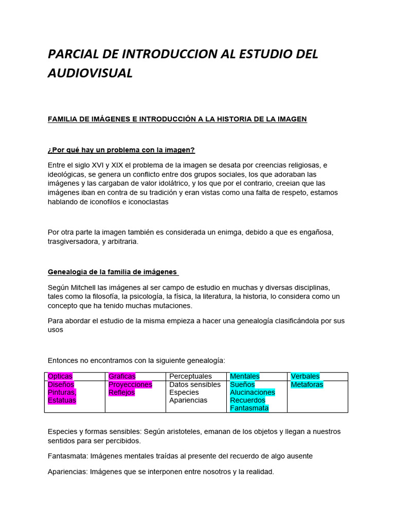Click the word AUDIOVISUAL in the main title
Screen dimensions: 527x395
[90, 73]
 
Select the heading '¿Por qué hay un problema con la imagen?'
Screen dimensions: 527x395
[121, 150]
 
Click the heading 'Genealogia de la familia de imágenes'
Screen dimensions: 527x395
[113, 272]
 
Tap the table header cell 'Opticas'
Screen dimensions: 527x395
[60, 376]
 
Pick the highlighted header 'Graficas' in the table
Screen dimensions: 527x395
[122, 376]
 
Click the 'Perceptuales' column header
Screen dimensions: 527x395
[190, 376]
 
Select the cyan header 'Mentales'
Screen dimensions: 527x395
[245, 376]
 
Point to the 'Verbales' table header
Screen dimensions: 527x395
[305, 376]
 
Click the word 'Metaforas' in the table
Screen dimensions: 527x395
[307, 384]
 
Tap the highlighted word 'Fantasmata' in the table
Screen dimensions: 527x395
[249, 408]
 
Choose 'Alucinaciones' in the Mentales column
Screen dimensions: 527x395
[253, 392]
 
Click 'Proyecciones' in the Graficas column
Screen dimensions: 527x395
[130, 384]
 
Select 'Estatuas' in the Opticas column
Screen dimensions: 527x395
[62, 400]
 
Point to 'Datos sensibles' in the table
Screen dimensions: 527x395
[195, 384]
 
